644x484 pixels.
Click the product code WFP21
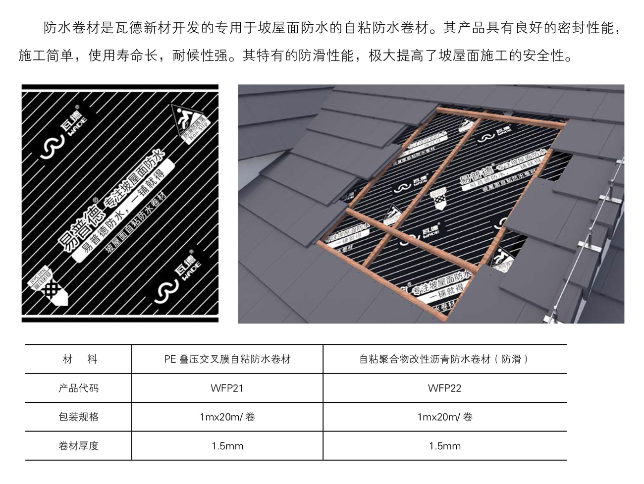coord(227,388)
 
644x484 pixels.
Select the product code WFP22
coord(444,388)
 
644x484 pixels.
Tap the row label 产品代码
coord(78,388)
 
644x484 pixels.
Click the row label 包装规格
coord(78,417)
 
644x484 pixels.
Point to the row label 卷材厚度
coord(78,446)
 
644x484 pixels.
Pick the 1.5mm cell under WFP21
coord(227,446)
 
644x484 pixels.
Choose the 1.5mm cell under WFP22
coord(444,446)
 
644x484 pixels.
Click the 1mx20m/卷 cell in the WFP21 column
coord(227,417)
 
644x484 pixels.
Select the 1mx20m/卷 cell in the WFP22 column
coord(444,417)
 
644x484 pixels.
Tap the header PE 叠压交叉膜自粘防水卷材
coord(227,359)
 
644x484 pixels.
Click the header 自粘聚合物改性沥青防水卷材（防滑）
coord(444,359)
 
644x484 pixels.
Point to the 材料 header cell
coord(78,359)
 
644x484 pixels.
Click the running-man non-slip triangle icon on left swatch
coord(186,121)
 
